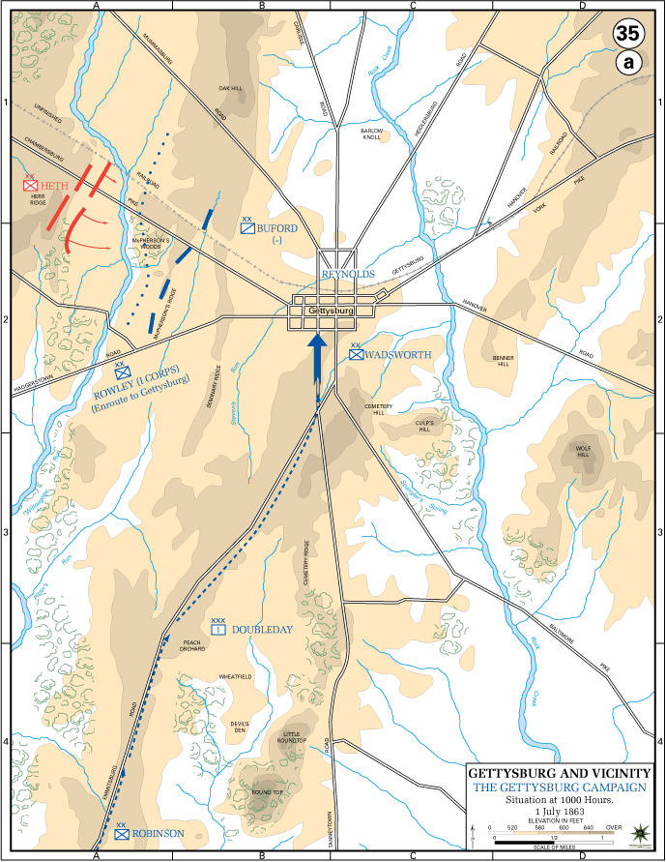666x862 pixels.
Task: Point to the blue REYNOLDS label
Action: click(x=349, y=275)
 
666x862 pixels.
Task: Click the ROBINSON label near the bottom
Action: click(x=159, y=833)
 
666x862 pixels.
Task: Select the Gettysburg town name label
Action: click(x=328, y=312)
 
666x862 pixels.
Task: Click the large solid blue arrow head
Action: click(x=317, y=343)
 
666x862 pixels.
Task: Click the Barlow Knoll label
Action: click(x=372, y=134)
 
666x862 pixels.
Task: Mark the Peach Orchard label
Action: click(x=192, y=647)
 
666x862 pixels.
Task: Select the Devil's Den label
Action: click(x=240, y=726)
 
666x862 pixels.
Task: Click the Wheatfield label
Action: click(x=234, y=676)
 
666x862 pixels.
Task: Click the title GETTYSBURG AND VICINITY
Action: click(x=560, y=773)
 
